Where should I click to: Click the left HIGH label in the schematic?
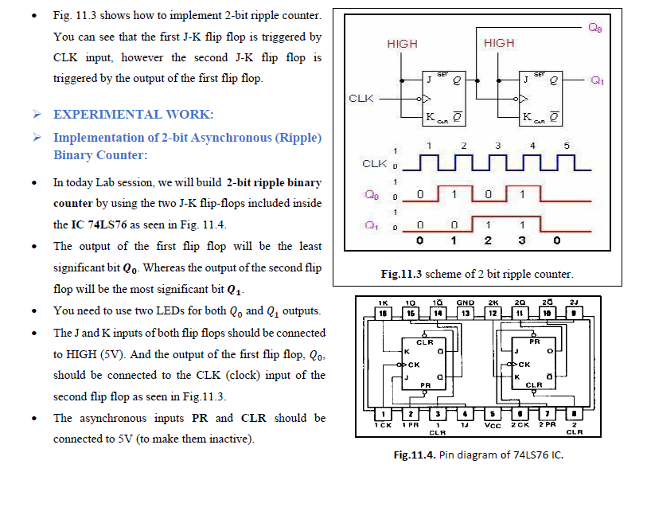pyautogui.click(x=402, y=44)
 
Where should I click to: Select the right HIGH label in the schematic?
pyautogui.click(x=499, y=43)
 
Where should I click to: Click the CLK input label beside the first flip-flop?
pyautogui.click(x=361, y=98)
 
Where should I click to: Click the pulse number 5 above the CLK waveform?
pyautogui.click(x=567, y=146)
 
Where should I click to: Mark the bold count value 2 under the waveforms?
pyautogui.click(x=488, y=240)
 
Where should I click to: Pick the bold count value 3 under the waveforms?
pyautogui.click(x=522, y=240)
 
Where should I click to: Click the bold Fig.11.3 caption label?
pyautogui.click(x=401, y=274)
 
